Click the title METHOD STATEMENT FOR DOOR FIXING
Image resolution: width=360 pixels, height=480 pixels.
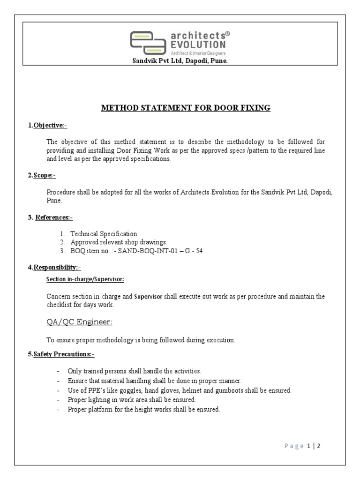[186, 108]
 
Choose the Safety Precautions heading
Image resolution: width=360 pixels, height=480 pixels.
[61, 354]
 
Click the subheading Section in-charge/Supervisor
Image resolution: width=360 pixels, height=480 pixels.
[85, 279]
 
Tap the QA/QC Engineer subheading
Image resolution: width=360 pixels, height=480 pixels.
[79, 322]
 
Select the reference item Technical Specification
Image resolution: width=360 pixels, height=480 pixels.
[104, 233]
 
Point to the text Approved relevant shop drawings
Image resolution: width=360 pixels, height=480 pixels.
[119, 242]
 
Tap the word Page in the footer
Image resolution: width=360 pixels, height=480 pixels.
[294, 446]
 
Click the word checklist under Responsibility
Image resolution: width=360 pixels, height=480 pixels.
[60, 305]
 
